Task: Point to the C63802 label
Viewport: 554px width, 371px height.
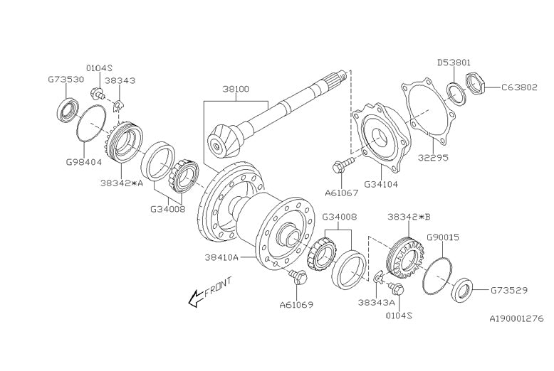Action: (520, 87)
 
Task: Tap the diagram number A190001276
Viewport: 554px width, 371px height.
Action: (516, 320)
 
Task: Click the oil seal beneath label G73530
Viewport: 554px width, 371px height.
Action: (67, 110)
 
